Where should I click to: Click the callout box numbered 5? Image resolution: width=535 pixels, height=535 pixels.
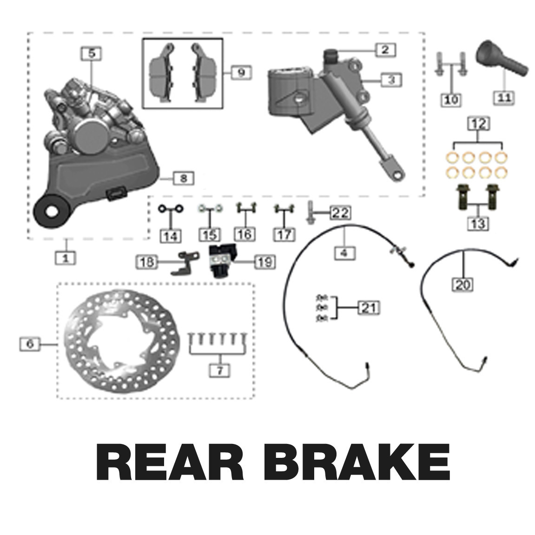coord(92,53)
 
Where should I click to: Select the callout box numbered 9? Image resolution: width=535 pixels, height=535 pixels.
coord(241,73)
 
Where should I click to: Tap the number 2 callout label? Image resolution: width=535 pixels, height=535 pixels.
coord(384,50)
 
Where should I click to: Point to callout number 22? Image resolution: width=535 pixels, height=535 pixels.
coord(340,213)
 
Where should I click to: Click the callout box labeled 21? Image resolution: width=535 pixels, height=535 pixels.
coord(368,307)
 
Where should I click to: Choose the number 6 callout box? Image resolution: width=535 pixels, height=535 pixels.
coord(30,344)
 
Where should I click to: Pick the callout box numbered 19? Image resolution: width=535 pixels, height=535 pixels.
coord(264,262)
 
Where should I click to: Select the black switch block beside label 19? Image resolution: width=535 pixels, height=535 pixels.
coord(222,261)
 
